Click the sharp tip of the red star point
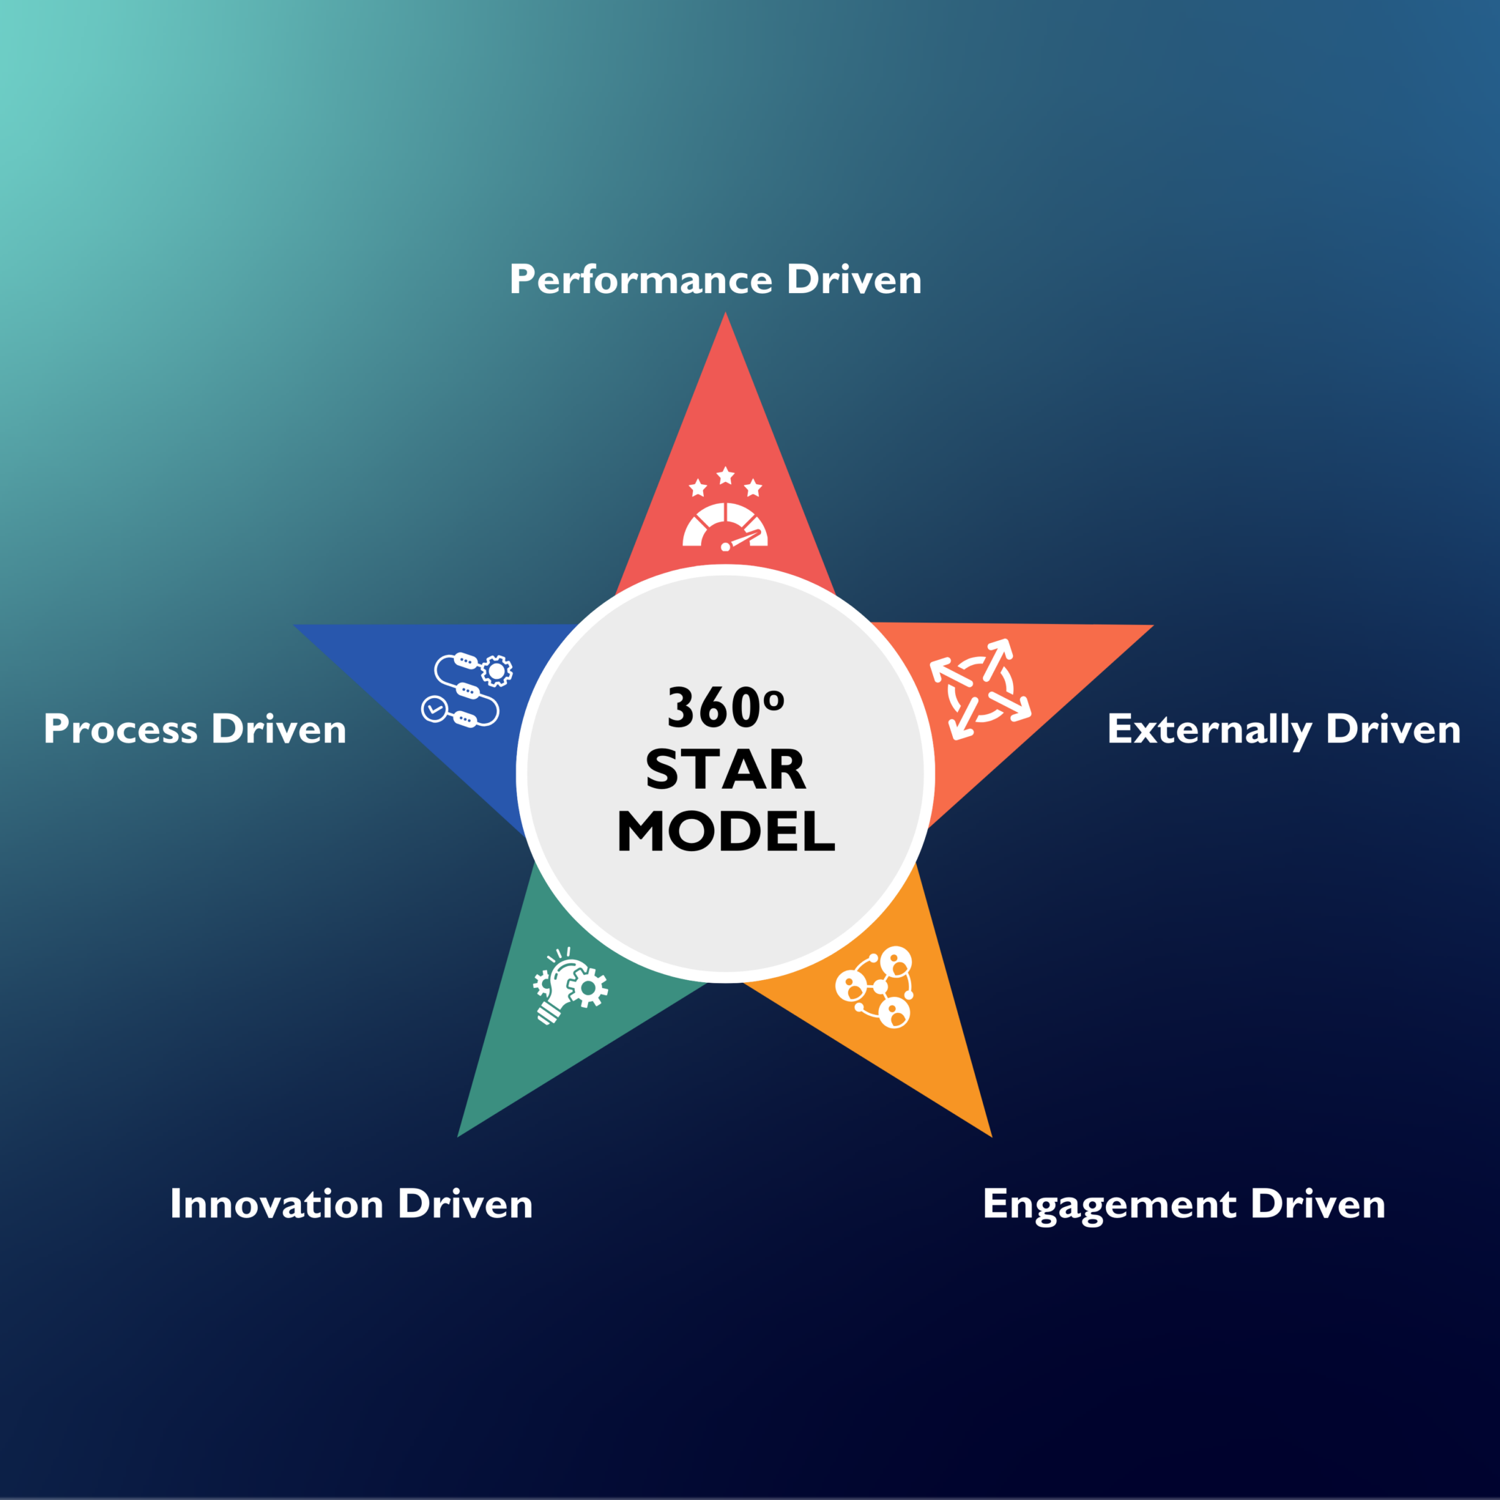click(725, 313)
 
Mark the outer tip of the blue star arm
click(294, 625)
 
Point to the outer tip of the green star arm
click(458, 1137)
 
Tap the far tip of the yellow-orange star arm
click(992, 1137)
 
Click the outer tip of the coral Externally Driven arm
click(1153, 625)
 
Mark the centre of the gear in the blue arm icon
click(497, 671)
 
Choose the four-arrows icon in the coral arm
click(981, 688)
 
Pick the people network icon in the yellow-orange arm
click(875, 987)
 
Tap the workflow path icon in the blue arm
click(467, 690)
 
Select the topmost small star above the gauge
click(725, 475)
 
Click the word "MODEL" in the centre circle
click(726, 831)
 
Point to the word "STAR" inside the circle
click(726, 771)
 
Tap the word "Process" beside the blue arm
click(121, 729)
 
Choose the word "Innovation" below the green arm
click(277, 1204)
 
